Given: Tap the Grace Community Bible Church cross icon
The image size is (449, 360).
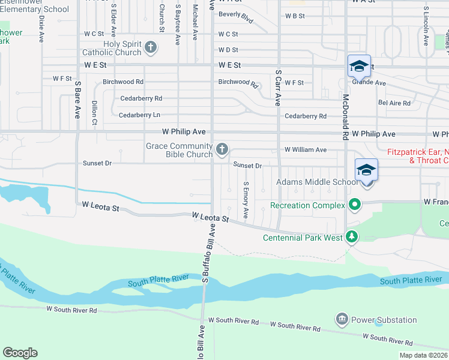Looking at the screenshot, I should click(x=222, y=149).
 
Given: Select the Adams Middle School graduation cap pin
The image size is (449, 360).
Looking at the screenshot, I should click(x=366, y=169).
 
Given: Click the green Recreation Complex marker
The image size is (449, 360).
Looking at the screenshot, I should click(x=354, y=205).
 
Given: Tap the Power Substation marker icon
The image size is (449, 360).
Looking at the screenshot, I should click(x=342, y=318).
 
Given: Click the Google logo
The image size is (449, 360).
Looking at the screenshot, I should click(x=20, y=353).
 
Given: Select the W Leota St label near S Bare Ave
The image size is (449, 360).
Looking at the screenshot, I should click(x=101, y=209).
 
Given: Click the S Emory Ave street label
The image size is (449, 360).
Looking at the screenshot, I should click(x=246, y=201).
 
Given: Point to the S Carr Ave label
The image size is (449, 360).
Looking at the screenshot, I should click(x=278, y=88).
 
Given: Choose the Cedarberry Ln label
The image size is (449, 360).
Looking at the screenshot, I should click(x=139, y=115).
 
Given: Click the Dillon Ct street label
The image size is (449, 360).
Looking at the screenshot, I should click(x=94, y=113).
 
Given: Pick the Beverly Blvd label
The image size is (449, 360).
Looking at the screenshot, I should click(x=236, y=16).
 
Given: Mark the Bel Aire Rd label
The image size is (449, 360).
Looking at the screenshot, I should click(x=394, y=103).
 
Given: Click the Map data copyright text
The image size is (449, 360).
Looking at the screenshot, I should click(x=423, y=355).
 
